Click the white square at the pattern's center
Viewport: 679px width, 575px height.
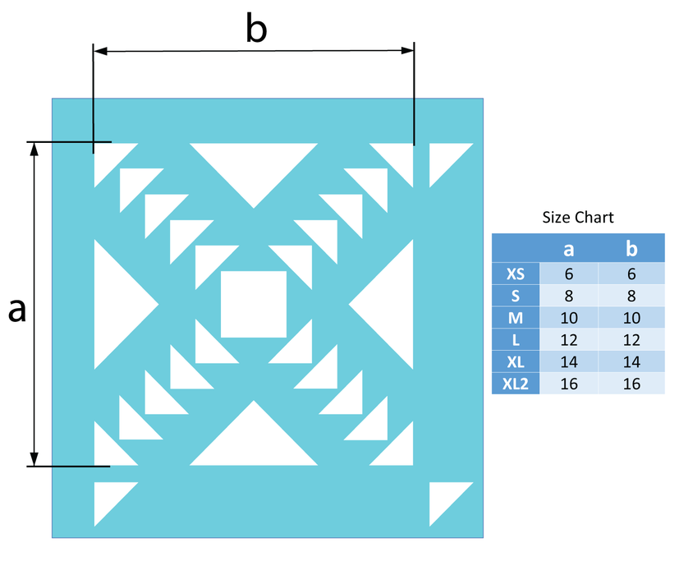pos(254,304)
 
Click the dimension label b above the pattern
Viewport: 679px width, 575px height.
pos(256,28)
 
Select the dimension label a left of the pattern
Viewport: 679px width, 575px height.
pos(17,310)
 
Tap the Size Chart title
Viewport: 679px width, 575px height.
pos(578,217)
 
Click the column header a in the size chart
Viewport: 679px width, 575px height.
pos(569,249)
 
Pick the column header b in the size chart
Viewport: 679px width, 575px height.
pos(631,248)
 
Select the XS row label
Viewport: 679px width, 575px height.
pos(516,274)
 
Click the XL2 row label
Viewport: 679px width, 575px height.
pos(516,384)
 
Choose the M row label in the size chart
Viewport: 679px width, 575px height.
pos(516,318)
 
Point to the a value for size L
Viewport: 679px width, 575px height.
pos(569,340)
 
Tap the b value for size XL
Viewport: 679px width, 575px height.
pos(631,361)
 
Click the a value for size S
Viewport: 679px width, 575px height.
pos(569,296)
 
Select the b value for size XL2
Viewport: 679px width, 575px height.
pos(631,384)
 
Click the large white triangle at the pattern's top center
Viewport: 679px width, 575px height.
pos(254,164)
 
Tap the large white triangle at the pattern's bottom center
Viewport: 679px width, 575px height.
pos(254,444)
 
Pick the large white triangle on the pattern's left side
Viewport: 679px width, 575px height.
pos(116,304)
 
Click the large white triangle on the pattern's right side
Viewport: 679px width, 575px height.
pos(392,304)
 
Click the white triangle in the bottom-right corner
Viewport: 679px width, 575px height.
pos(444,497)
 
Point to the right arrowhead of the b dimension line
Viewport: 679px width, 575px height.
pos(407,51)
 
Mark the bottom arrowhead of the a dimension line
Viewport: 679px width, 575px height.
pos(34,459)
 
